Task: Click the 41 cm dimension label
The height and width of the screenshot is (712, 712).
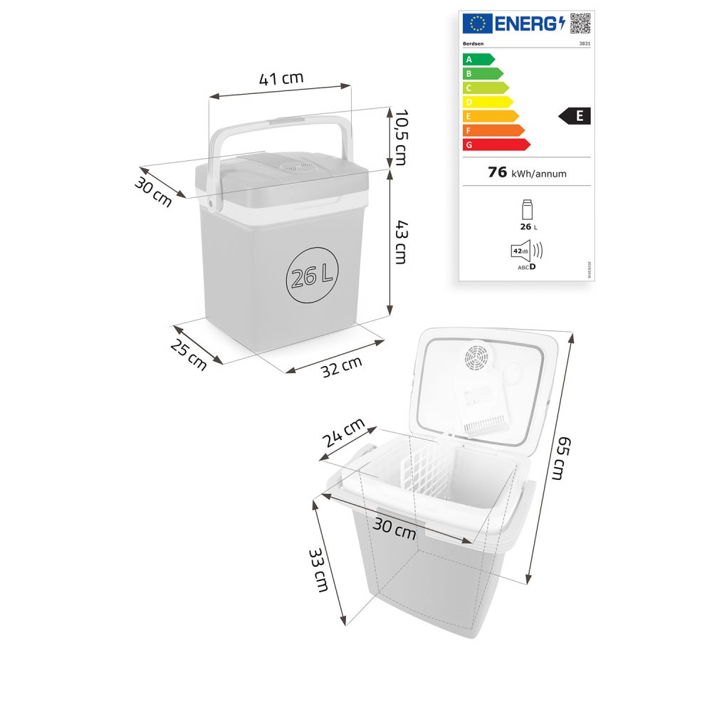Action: [x=281, y=79]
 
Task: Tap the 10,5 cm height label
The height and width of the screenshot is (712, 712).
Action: [x=401, y=136]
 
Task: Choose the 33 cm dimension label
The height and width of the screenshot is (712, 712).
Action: [x=318, y=570]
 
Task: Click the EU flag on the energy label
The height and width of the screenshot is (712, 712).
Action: [x=476, y=23]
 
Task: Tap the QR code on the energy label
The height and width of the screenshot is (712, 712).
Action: [x=580, y=23]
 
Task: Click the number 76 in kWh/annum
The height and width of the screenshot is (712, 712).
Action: [x=498, y=172]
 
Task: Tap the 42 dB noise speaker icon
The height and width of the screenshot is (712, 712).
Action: [x=526, y=251]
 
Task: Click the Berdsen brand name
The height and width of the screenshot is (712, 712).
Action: [x=474, y=43]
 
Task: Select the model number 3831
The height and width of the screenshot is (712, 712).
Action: [x=584, y=43]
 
